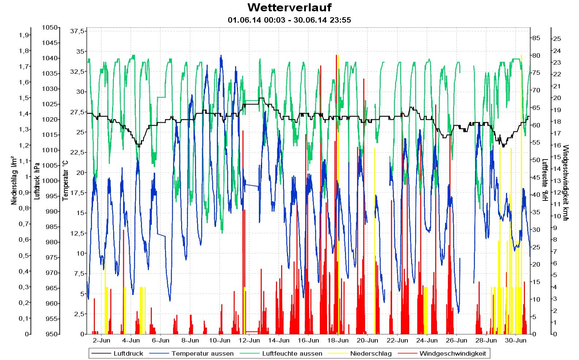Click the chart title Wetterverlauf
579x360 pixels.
(x=289, y=7)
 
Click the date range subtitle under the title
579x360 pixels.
(x=289, y=20)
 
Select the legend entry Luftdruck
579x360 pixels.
(x=128, y=353)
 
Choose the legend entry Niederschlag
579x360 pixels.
(x=371, y=353)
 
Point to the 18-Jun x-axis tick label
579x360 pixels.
(x=338, y=341)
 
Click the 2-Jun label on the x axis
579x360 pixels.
(x=101, y=341)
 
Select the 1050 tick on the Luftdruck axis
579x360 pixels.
(x=50, y=27)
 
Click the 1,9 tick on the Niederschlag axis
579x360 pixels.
(x=24, y=35)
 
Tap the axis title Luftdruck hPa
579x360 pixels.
(x=37, y=181)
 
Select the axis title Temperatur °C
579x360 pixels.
(x=66, y=181)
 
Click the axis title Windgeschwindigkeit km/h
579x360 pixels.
(x=565, y=183)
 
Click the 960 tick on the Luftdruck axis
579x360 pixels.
(x=51, y=303)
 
